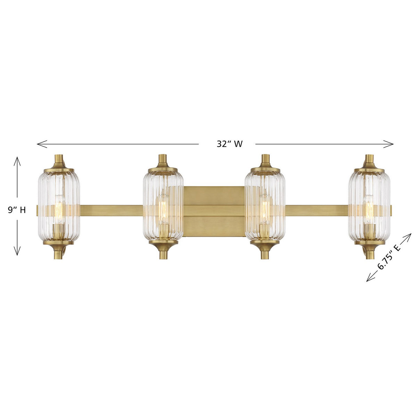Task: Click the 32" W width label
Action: click(x=229, y=144)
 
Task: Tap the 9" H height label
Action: click(x=17, y=210)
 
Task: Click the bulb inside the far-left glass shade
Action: click(x=59, y=208)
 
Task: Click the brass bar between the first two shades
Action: click(x=111, y=210)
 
